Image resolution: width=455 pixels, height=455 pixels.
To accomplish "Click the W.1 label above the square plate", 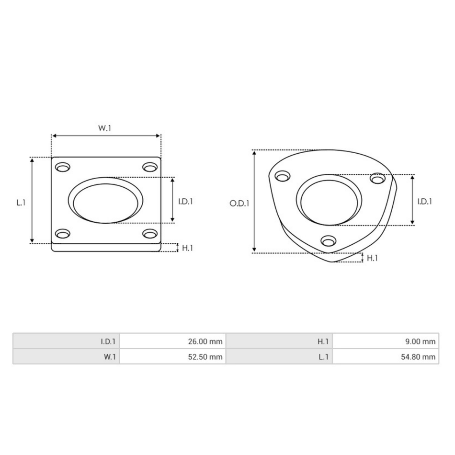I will (x=105, y=128).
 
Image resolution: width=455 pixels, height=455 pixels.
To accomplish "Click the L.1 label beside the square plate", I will (x=21, y=202).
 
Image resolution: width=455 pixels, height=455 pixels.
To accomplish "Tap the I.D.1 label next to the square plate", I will (x=185, y=202).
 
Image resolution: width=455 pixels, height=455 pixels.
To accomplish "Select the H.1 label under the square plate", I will (x=187, y=248).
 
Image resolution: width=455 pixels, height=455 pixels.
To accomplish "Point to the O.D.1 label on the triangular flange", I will (x=239, y=203).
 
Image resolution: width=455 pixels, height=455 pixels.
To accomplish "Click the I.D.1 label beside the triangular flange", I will (x=424, y=202).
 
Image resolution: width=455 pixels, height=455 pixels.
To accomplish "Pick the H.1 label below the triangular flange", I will (x=372, y=258).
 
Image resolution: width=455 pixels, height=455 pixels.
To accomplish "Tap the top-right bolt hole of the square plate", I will (x=150, y=167).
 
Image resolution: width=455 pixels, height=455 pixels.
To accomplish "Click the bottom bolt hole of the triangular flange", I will (x=329, y=240).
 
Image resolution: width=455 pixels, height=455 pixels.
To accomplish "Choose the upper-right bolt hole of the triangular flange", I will (x=378, y=179).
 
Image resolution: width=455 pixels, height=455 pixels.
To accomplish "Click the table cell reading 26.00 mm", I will (x=172, y=341).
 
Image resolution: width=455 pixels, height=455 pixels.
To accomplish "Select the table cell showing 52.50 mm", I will (x=172, y=357).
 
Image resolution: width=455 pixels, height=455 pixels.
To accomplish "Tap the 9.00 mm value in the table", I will (x=385, y=341).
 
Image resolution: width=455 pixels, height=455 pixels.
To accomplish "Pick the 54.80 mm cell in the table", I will (x=385, y=357).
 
